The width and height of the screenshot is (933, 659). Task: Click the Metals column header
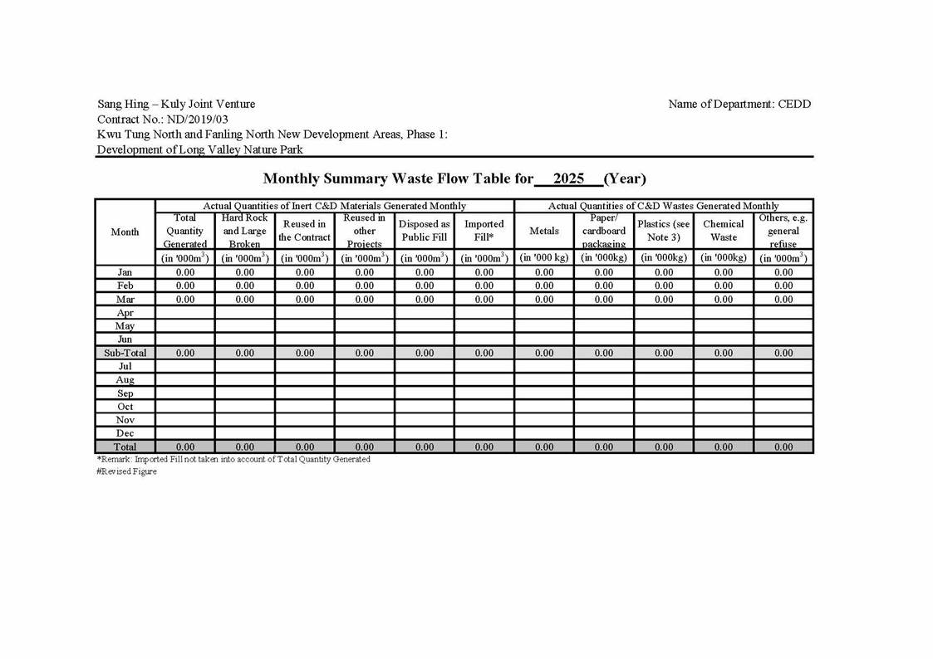tap(544, 231)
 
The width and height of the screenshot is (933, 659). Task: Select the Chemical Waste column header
tap(724, 231)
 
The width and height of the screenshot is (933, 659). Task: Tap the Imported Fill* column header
tap(484, 231)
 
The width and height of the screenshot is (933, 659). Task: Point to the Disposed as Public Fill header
tap(425, 231)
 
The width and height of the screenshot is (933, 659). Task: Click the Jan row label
tap(125, 272)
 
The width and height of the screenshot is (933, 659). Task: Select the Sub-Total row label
tap(125, 353)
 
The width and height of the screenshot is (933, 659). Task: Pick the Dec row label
tap(125, 433)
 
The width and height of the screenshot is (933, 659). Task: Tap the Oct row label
tap(125, 407)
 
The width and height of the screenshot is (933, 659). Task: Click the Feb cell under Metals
tap(544, 286)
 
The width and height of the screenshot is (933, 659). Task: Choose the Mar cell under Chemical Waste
tap(724, 299)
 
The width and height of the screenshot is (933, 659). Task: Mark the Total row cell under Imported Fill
tap(484, 447)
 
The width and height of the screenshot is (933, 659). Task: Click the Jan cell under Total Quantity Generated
tap(185, 272)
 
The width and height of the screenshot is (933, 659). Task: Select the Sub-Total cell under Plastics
tap(664, 353)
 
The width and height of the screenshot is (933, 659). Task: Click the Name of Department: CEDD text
tap(739, 105)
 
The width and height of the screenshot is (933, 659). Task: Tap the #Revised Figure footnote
tap(126, 471)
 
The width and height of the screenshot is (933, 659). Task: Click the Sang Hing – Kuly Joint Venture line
tap(176, 105)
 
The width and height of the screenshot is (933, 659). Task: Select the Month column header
tap(125, 232)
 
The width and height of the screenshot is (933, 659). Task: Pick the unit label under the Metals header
tap(544, 258)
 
